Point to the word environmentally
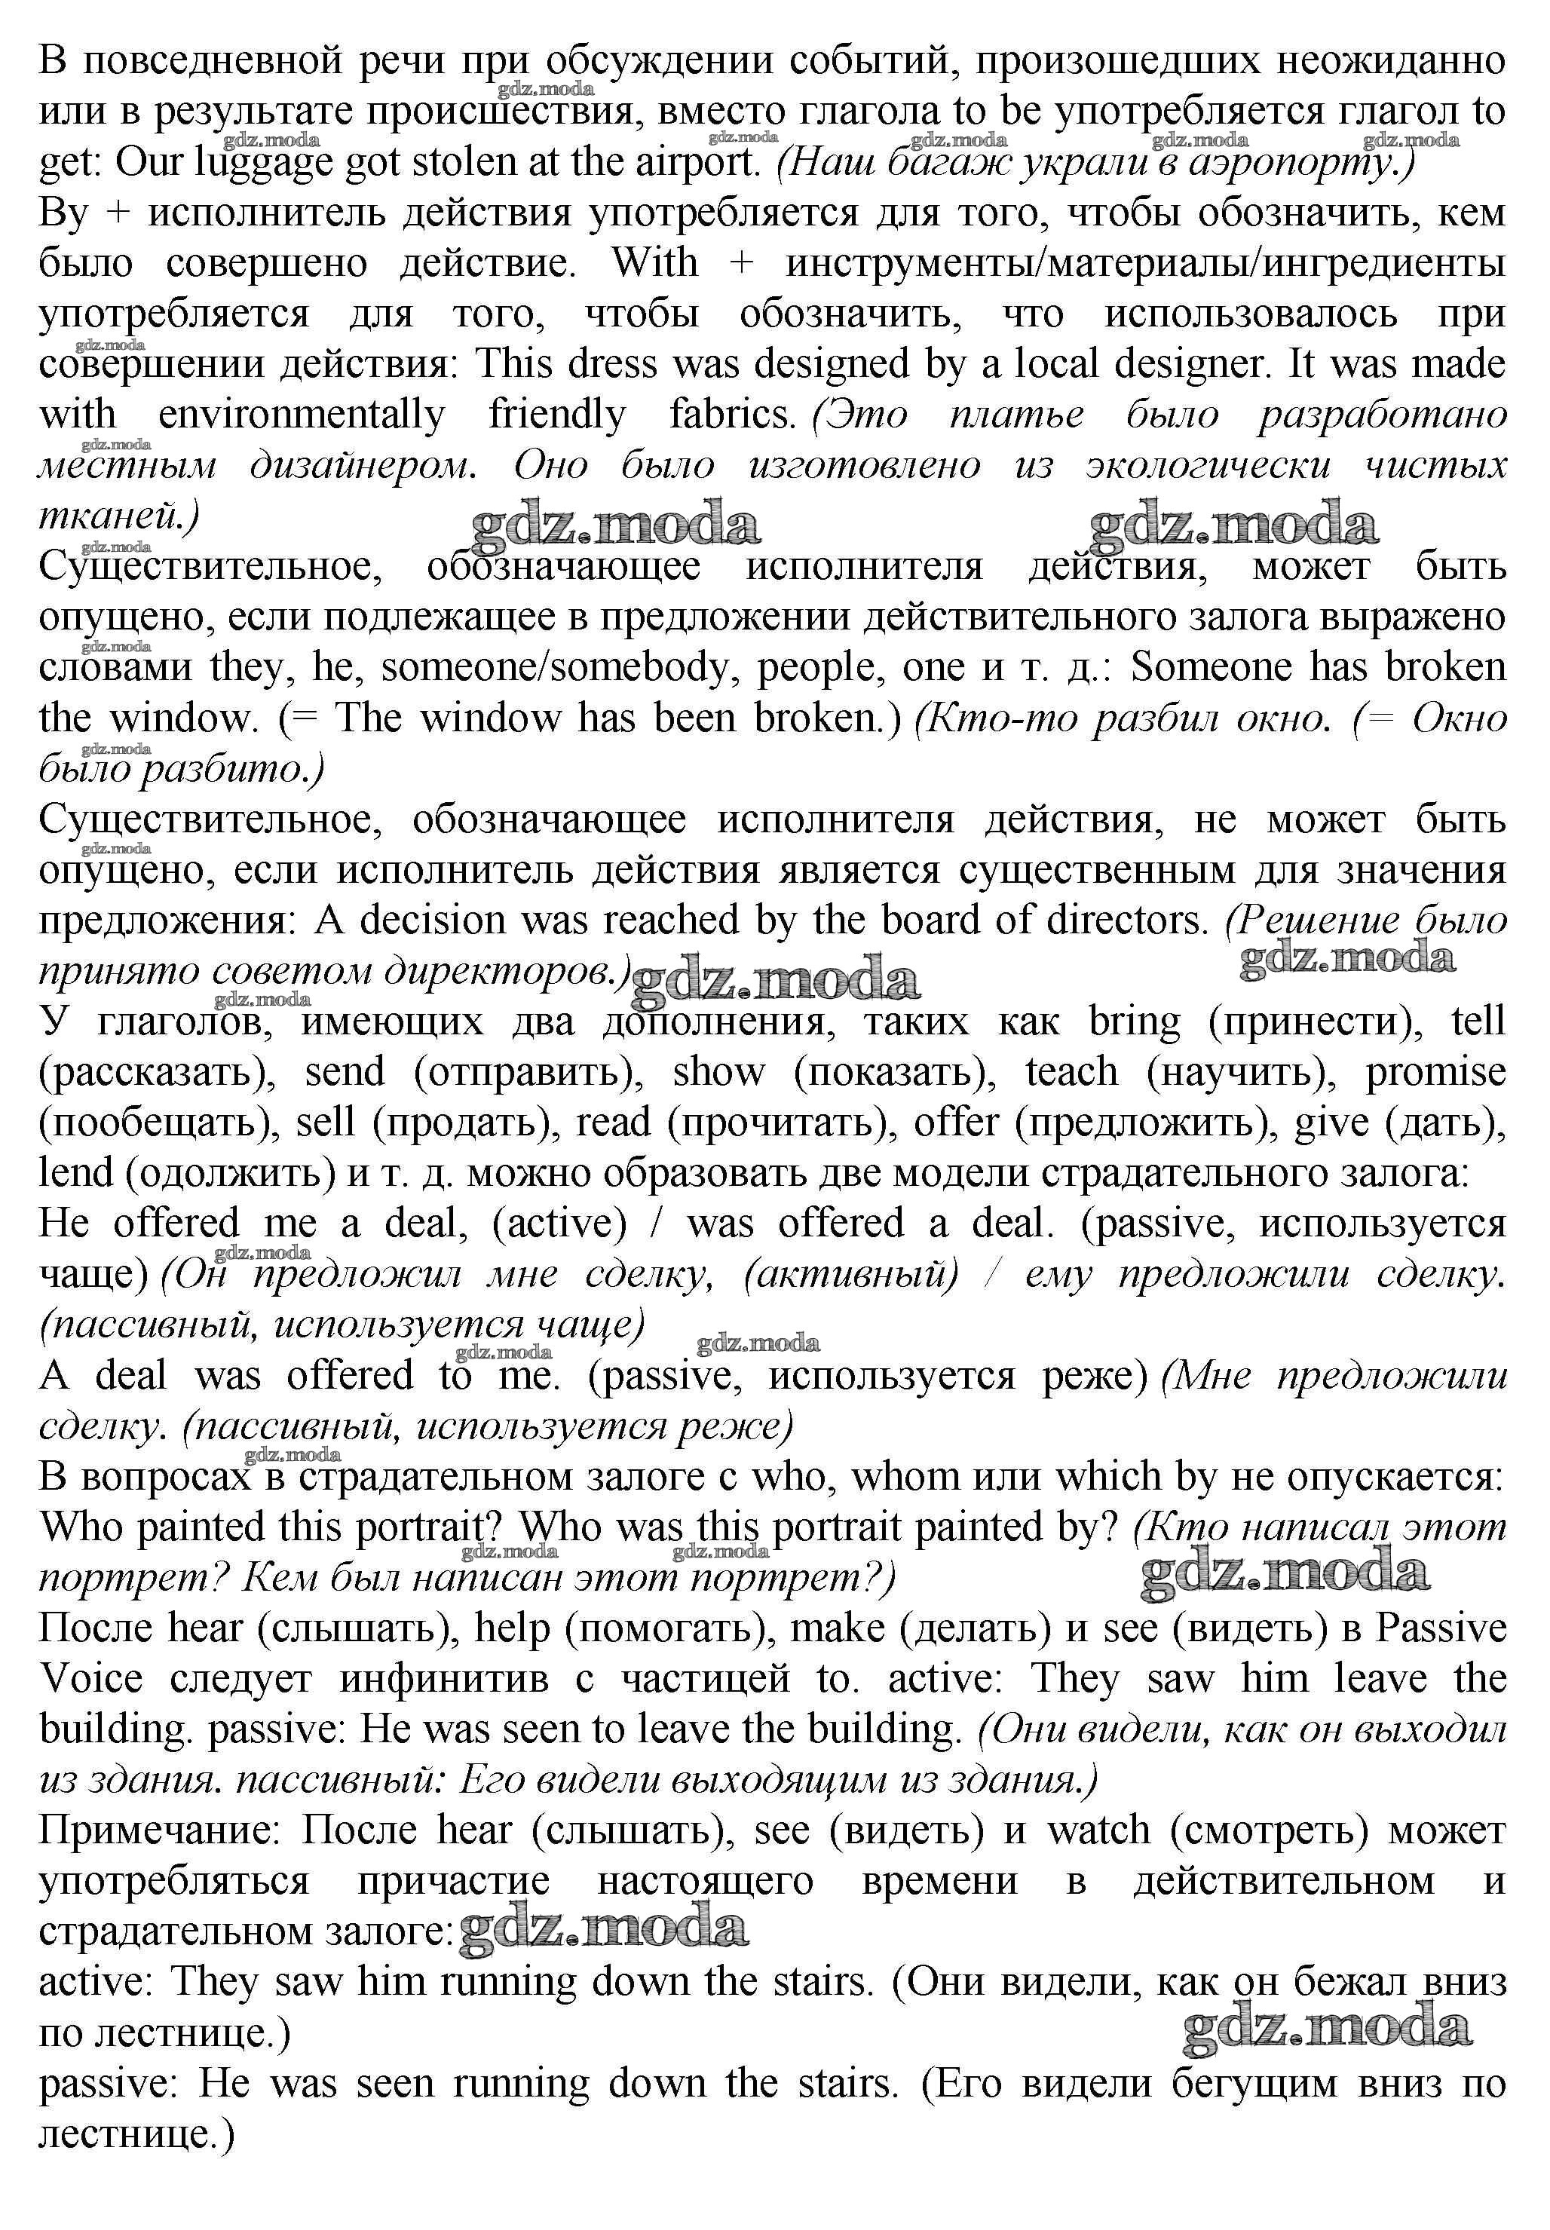(x=301, y=415)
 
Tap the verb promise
(x=1435, y=1072)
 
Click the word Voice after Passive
(x=90, y=1678)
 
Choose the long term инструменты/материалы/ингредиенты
(x=1146, y=264)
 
